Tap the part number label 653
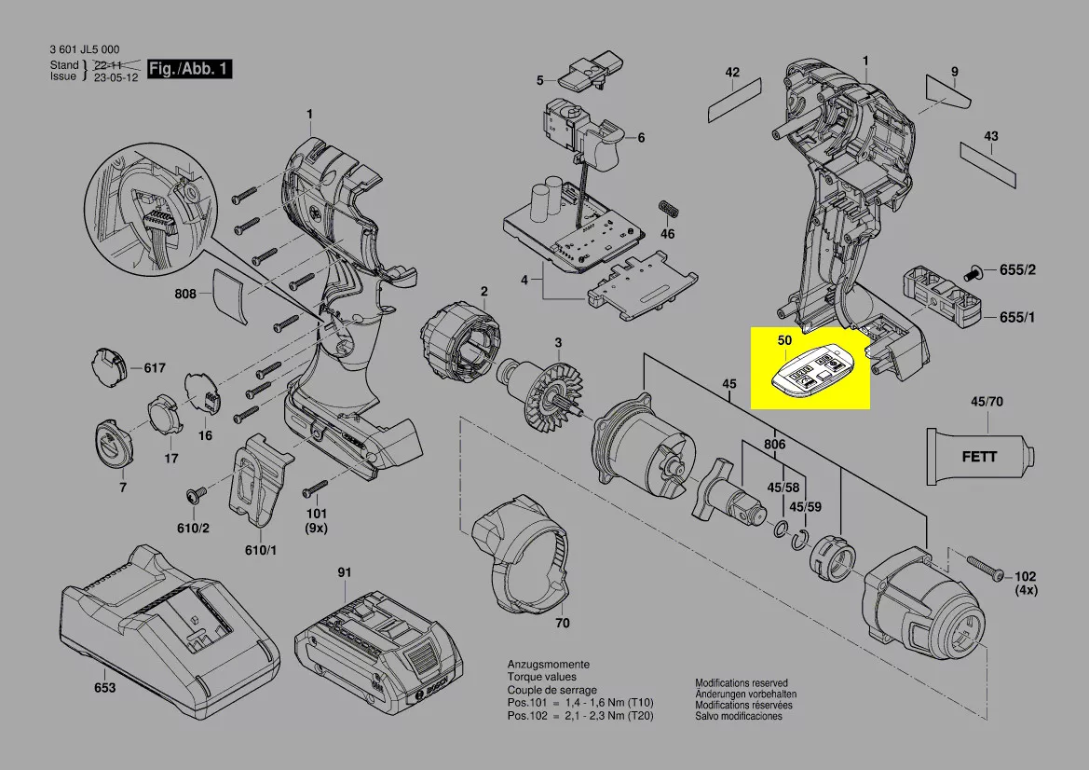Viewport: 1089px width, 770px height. [105, 688]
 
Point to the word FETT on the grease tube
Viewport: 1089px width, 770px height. [979, 458]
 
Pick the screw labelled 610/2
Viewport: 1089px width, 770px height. [197, 496]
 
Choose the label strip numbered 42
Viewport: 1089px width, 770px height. [734, 101]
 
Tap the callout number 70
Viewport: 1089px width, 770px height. [562, 624]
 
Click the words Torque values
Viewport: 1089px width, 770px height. [542, 677]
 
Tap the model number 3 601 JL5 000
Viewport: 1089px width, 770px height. [84, 49]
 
